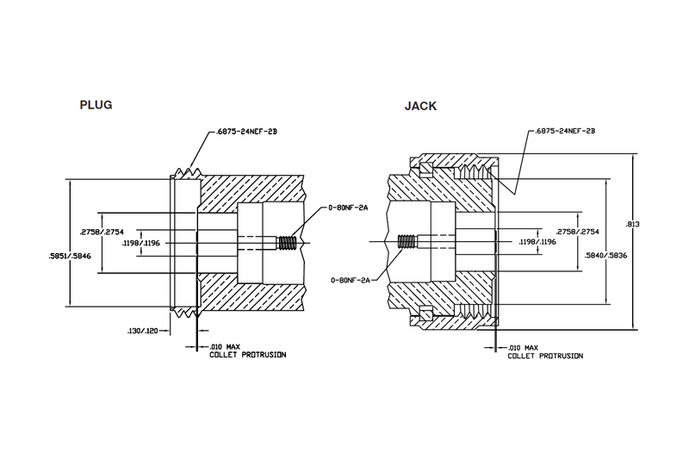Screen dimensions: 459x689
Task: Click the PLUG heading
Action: point(96,106)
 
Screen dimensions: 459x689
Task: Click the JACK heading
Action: point(419,109)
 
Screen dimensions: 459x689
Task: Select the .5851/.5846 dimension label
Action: point(68,254)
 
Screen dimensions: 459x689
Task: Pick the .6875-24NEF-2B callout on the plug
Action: point(238,133)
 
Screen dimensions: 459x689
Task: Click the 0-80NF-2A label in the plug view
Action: point(350,208)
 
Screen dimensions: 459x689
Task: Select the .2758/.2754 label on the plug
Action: point(97,232)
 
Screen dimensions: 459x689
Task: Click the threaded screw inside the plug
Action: point(288,242)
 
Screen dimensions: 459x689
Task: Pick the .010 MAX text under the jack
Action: point(525,347)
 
